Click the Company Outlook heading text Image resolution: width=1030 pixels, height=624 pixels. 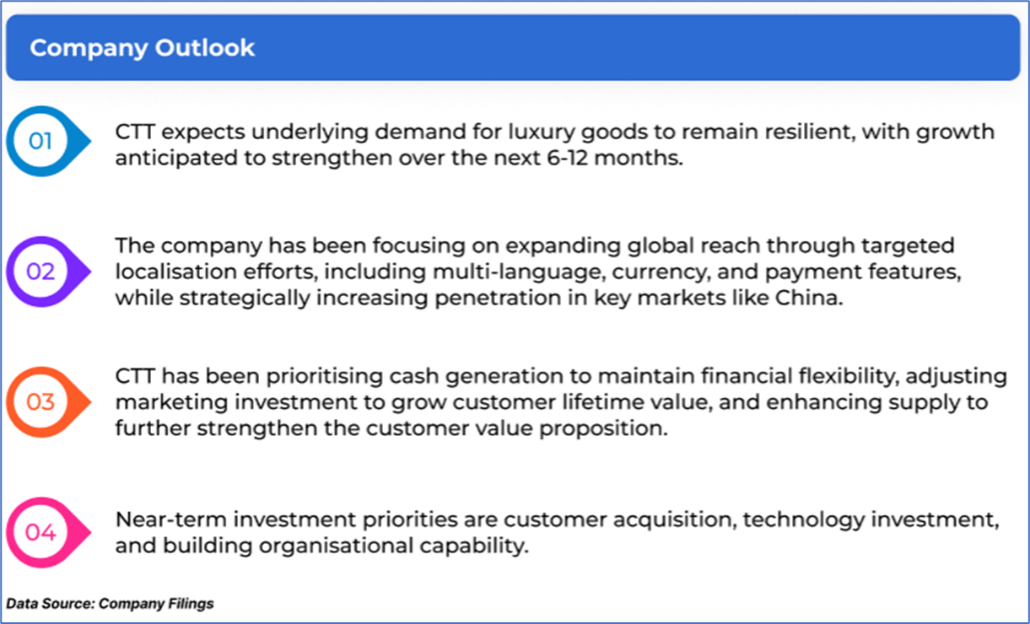point(142,48)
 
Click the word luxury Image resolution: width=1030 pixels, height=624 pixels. point(542,132)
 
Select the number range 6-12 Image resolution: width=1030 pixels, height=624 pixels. point(568,158)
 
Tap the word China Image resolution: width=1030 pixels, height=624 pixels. point(809,298)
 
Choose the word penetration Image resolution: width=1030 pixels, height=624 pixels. point(498,299)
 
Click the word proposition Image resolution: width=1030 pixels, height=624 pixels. point(603,429)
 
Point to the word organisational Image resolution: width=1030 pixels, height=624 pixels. point(336,546)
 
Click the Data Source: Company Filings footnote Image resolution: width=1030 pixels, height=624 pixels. point(110,604)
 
